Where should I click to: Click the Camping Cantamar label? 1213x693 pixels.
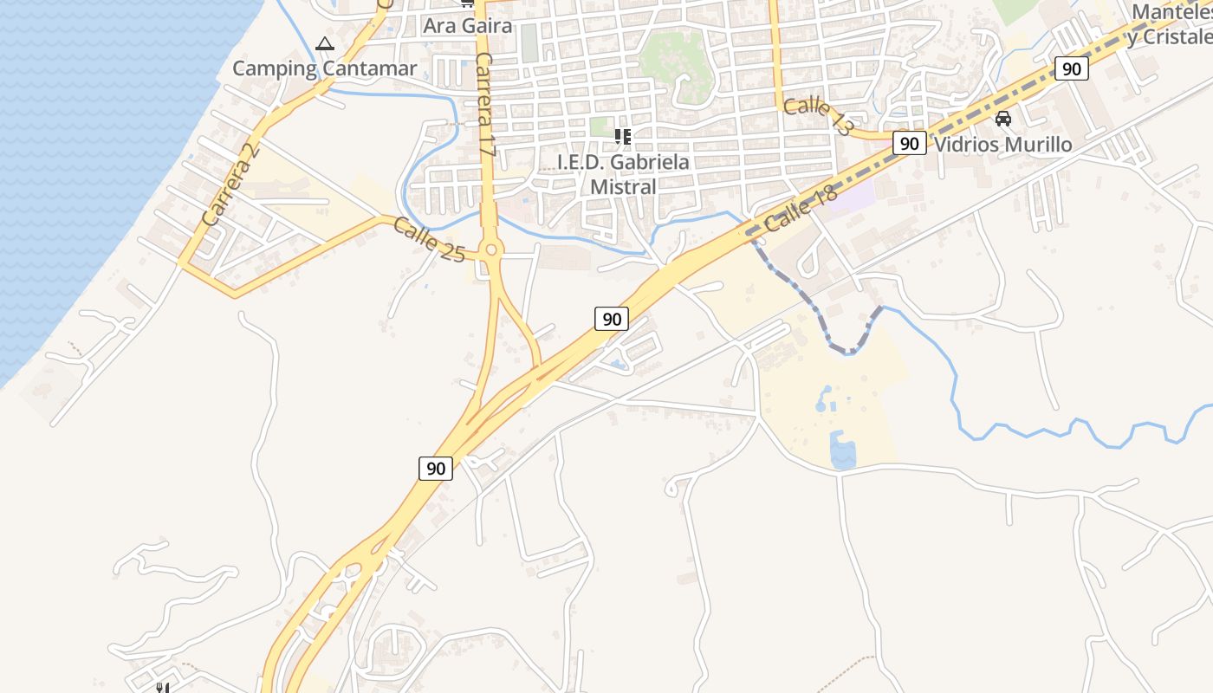pyautogui.click(x=325, y=68)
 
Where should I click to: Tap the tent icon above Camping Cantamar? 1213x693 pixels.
pyautogui.click(x=325, y=44)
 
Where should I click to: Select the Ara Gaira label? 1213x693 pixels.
pyautogui.click(x=468, y=25)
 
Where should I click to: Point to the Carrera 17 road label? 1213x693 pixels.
pyautogui.click(x=485, y=105)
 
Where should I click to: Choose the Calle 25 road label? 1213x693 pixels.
pyautogui.click(x=429, y=239)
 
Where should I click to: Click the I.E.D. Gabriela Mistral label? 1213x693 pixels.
pyautogui.click(x=623, y=174)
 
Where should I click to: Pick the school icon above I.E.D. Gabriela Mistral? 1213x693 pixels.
pyautogui.click(x=622, y=136)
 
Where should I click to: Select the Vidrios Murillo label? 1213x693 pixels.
pyautogui.click(x=1003, y=145)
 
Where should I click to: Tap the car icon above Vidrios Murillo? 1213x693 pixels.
pyautogui.click(x=1003, y=118)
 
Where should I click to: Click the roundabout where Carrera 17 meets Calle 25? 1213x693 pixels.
pyautogui.click(x=491, y=250)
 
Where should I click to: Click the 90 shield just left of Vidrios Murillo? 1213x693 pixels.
pyautogui.click(x=909, y=144)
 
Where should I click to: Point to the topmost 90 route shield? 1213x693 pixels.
pyautogui.click(x=1072, y=69)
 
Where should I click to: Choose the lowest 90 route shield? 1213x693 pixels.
pyautogui.click(x=436, y=469)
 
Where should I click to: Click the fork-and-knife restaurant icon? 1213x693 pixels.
pyautogui.click(x=161, y=688)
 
